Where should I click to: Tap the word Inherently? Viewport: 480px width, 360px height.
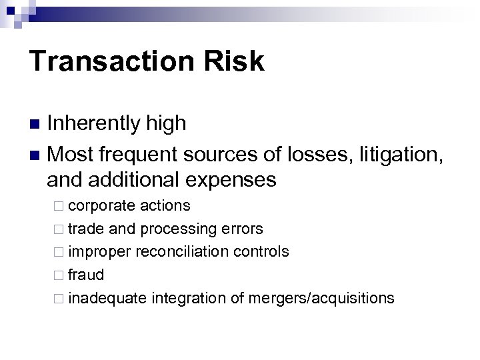click(x=93, y=123)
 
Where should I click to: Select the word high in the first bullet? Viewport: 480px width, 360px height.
click(x=164, y=123)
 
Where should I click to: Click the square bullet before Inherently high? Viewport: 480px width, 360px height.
click(x=37, y=124)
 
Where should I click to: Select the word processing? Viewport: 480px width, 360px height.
click(x=177, y=229)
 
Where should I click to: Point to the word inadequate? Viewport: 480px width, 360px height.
click(x=107, y=297)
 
